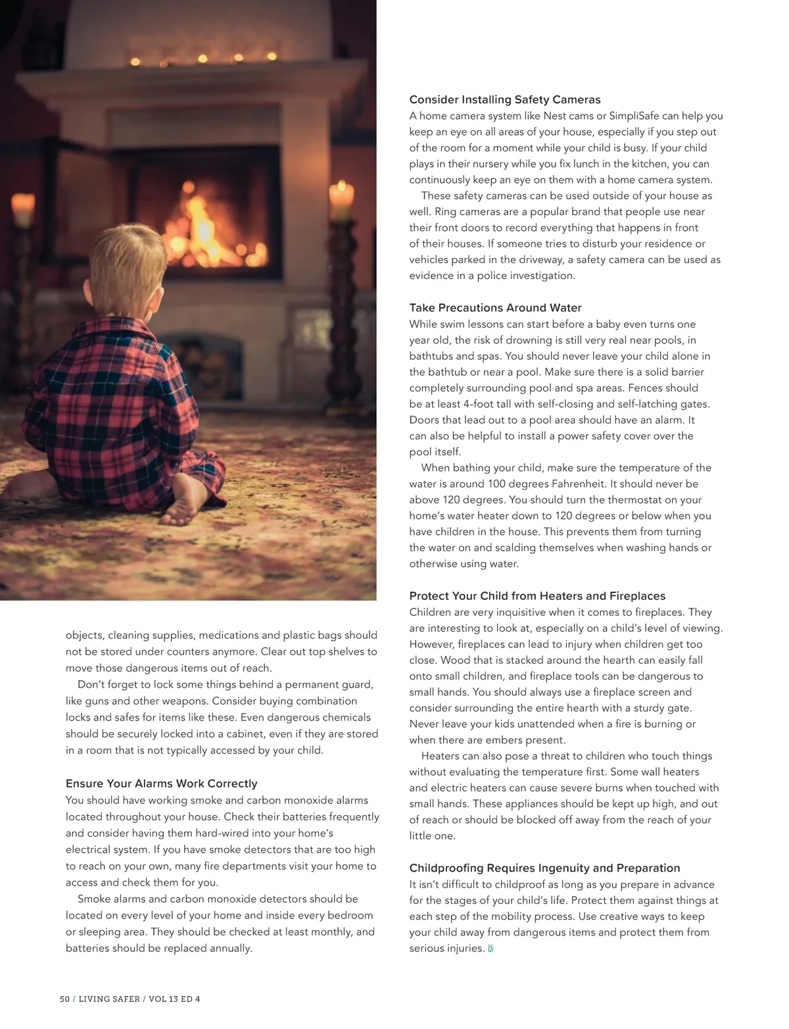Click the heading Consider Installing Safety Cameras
504,100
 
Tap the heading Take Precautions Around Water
495,308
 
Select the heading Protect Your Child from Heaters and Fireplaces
537,596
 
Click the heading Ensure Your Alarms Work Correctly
161,784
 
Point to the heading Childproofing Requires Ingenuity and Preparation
544,868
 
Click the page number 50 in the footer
64,999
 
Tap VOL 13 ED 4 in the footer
174,999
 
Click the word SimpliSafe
634,116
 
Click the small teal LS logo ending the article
490,949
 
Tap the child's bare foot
181,506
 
